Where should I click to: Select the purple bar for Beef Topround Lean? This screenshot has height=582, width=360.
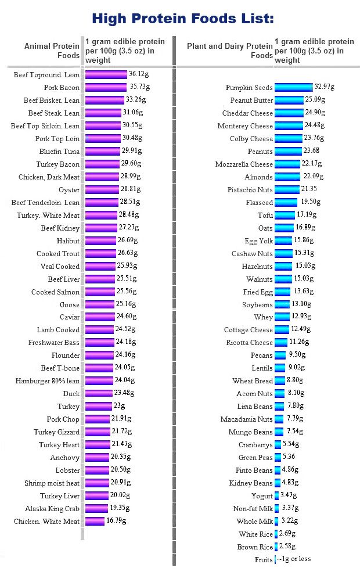106,74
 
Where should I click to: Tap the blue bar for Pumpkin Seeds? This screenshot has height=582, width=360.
293,87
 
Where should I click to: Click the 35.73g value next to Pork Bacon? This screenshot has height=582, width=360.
139,87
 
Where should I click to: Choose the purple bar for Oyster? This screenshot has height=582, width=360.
102,190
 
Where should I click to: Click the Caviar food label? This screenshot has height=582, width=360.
70,317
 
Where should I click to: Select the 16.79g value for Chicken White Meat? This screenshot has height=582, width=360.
117,521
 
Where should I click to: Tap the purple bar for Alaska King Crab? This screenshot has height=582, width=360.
96,508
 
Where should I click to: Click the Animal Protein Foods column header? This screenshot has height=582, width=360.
52,51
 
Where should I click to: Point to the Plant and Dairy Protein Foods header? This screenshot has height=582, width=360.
230,51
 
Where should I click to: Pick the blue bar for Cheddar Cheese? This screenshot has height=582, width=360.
289,113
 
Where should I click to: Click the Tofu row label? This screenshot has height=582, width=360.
265,215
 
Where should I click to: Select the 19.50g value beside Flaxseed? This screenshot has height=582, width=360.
310,202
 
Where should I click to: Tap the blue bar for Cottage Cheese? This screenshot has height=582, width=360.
282,330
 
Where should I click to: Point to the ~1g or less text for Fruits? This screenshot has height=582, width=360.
293,559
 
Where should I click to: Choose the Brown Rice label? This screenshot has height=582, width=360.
255,547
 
